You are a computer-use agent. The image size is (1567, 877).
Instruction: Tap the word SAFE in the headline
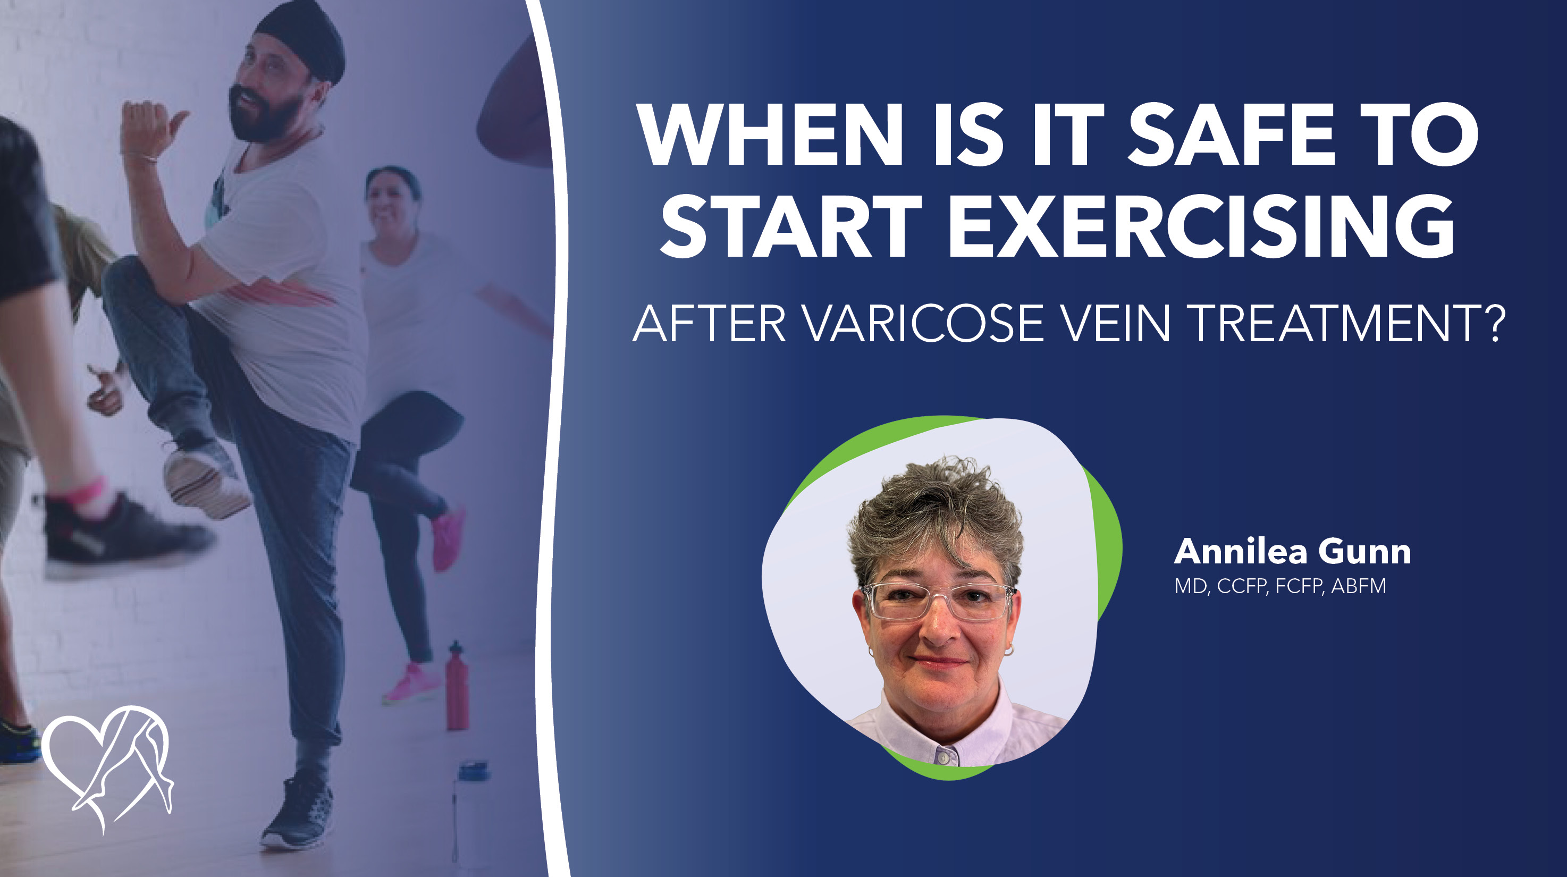[x=1231, y=134]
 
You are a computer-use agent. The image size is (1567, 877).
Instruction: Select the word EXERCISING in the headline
[x=1201, y=227]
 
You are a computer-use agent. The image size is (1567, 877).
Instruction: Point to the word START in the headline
[x=791, y=227]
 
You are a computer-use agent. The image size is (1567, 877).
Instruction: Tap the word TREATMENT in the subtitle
[x=1324, y=323]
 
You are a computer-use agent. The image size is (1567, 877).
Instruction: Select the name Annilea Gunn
[x=1292, y=552]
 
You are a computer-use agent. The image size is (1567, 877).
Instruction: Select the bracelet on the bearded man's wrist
[x=140, y=157]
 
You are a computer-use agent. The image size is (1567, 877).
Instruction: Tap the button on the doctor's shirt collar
[x=942, y=758]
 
